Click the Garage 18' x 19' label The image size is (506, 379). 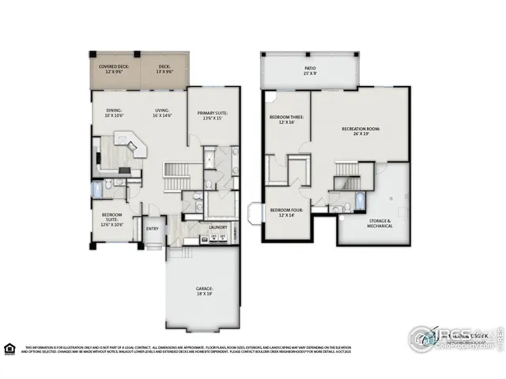coord(204,291)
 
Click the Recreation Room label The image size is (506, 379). coord(361,130)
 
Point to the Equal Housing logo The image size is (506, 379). coord(9,348)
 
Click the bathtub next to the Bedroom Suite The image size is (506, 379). coord(97,189)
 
